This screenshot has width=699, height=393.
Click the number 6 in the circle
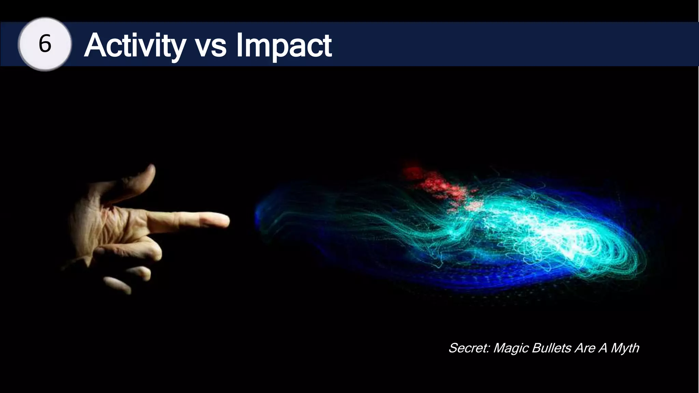pyautogui.click(x=45, y=44)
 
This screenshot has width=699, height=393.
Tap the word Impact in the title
pyautogui.click(x=284, y=46)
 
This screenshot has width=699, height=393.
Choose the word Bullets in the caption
pyautogui.click(x=551, y=348)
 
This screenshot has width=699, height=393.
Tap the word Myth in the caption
pyautogui.click(x=625, y=348)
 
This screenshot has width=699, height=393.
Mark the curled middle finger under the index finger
pyautogui.click(x=150, y=251)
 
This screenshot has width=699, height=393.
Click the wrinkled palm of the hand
pyautogui.click(x=99, y=225)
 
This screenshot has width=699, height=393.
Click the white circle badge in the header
pyautogui.click(x=45, y=44)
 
